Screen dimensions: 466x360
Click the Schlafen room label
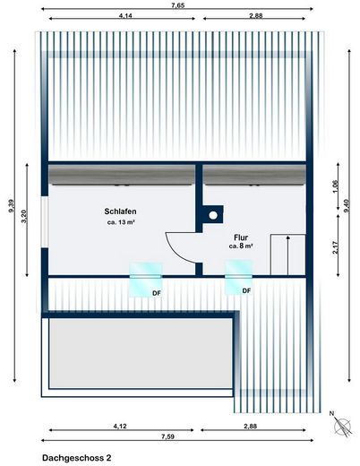pyautogui.click(x=121, y=211)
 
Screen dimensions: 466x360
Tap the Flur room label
pyautogui.click(x=242, y=237)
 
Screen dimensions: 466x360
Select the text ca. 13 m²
pyautogui.click(x=121, y=222)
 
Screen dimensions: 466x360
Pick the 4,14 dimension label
pyautogui.click(x=125, y=17)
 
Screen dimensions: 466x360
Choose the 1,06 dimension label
pyautogui.click(x=336, y=186)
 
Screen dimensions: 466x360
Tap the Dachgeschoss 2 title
pyautogui.click(x=77, y=457)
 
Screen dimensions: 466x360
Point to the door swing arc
pyautogui.click(x=176, y=244)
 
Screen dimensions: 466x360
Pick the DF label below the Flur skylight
pyautogui.click(x=245, y=291)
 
